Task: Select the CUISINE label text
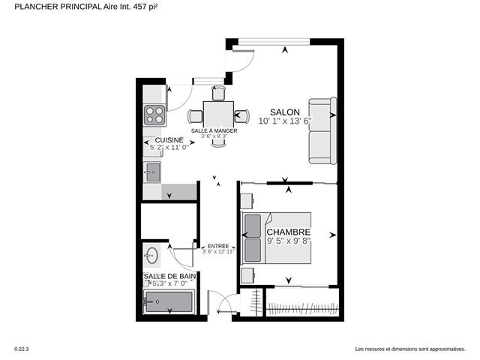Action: (x=170, y=140)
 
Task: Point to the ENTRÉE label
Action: (x=218, y=246)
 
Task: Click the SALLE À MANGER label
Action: (x=214, y=130)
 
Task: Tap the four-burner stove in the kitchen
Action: (x=155, y=115)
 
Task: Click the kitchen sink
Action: (x=152, y=172)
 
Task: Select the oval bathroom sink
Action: (x=152, y=255)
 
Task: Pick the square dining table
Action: (x=218, y=115)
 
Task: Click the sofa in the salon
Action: (x=322, y=131)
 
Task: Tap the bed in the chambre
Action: (x=274, y=238)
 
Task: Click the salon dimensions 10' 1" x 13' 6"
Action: (x=284, y=120)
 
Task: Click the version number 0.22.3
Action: (x=22, y=349)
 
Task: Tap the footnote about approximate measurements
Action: (x=409, y=349)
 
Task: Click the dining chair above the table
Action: (x=218, y=94)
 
